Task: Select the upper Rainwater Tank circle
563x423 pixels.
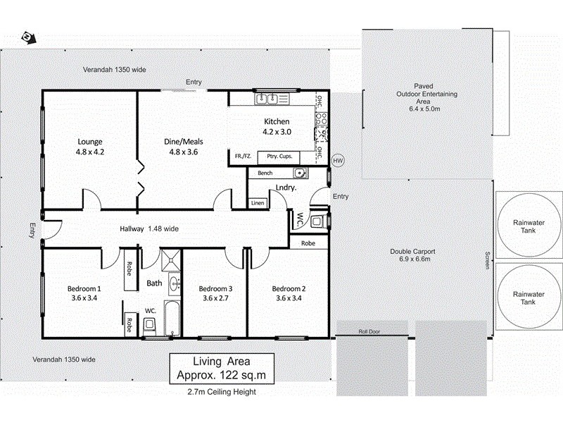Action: (x=523, y=225)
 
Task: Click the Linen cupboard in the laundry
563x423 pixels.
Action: (x=258, y=203)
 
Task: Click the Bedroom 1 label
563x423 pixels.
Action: (x=84, y=293)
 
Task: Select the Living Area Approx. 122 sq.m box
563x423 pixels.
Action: (x=222, y=368)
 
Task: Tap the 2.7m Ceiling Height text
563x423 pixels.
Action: (x=221, y=392)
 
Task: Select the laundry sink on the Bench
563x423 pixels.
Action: (x=298, y=173)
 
